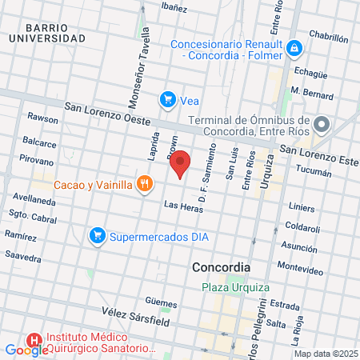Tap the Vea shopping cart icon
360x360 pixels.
(168, 99)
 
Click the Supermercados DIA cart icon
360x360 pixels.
(98, 236)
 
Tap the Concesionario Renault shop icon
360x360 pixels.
(294, 49)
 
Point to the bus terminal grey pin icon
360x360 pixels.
(322, 124)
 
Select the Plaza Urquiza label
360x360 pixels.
(235, 287)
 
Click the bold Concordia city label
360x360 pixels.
(222, 266)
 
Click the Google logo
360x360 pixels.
(26, 350)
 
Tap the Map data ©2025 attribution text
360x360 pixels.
(326, 354)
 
